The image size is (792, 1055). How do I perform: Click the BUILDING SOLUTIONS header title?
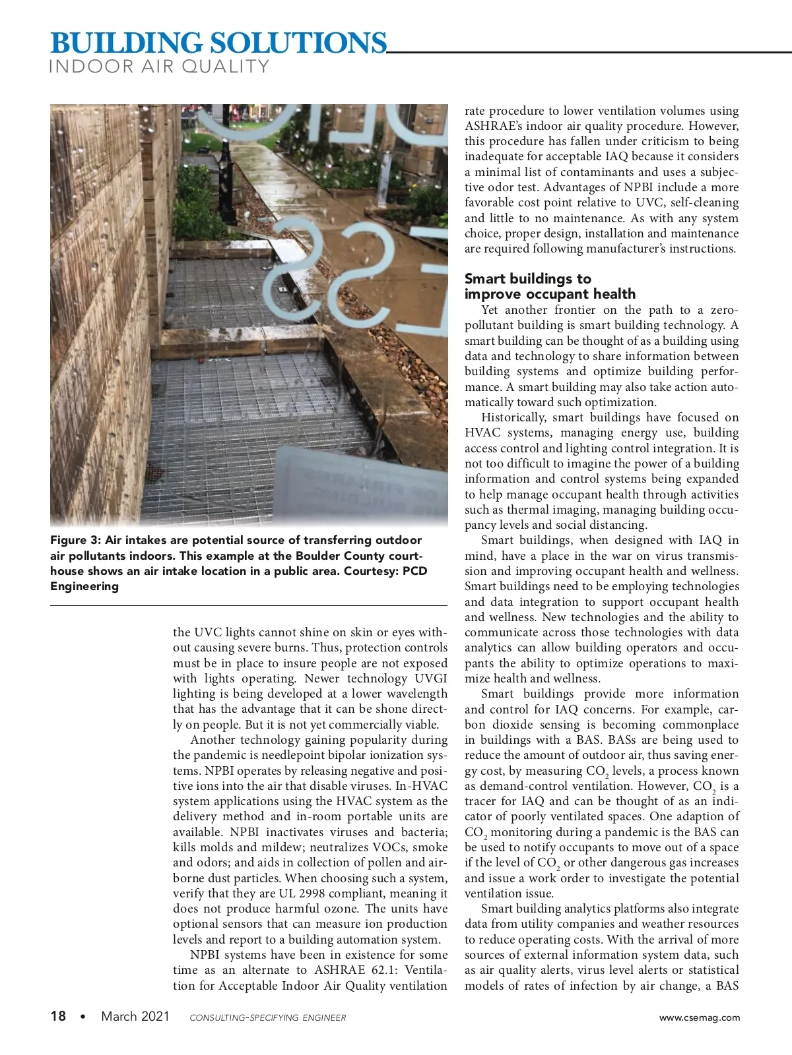tap(218, 43)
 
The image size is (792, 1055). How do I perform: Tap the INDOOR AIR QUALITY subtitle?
tap(159, 67)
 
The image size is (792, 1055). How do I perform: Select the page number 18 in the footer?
tap(58, 1016)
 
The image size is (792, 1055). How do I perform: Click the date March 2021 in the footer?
tap(135, 1016)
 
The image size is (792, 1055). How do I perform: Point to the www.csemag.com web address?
tap(700, 1017)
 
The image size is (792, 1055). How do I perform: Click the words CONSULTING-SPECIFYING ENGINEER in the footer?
tap(267, 1017)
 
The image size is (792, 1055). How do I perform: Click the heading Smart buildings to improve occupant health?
tap(549, 286)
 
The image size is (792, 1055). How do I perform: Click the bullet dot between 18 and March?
tap(82, 1017)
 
